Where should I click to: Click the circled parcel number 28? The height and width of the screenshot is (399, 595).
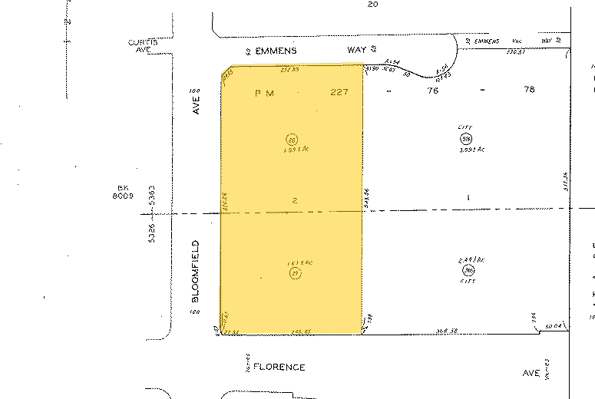[292, 140]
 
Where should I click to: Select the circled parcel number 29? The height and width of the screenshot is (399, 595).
[295, 272]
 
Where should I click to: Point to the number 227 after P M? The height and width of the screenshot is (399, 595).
[340, 93]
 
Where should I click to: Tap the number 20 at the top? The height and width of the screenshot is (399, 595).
[374, 5]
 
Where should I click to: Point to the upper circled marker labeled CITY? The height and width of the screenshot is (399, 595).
[465, 139]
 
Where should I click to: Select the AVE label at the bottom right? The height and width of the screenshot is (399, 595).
[531, 373]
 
